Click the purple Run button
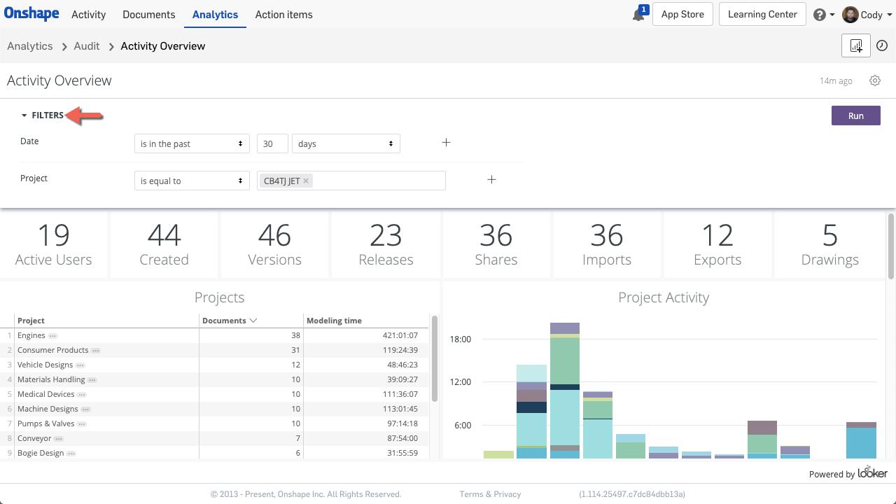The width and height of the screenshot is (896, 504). point(855,115)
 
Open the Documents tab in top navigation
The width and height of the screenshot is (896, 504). point(148,15)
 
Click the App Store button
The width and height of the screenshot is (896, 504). point(682,15)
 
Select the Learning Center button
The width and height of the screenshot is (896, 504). point(762,15)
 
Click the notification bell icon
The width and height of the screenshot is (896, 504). point(638,15)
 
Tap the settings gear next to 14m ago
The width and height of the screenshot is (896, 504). point(875,80)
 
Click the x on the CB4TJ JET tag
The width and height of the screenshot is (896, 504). point(306,181)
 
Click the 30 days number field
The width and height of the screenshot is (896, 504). point(272,143)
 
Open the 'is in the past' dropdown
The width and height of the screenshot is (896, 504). point(191,143)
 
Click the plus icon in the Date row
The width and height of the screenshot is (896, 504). point(446,143)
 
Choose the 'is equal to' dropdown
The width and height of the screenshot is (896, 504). point(191,181)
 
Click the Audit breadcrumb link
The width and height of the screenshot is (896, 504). point(87,46)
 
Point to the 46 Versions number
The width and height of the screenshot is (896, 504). point(274,236)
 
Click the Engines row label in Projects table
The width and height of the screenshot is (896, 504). point(31,335)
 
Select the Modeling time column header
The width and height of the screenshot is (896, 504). point(334,321)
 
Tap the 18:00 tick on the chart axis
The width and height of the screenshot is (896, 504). point(460,339)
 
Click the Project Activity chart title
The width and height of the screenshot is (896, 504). point(663,297)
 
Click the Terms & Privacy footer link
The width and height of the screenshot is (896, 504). point(490,494)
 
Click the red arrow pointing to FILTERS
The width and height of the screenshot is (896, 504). point(85,115)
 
